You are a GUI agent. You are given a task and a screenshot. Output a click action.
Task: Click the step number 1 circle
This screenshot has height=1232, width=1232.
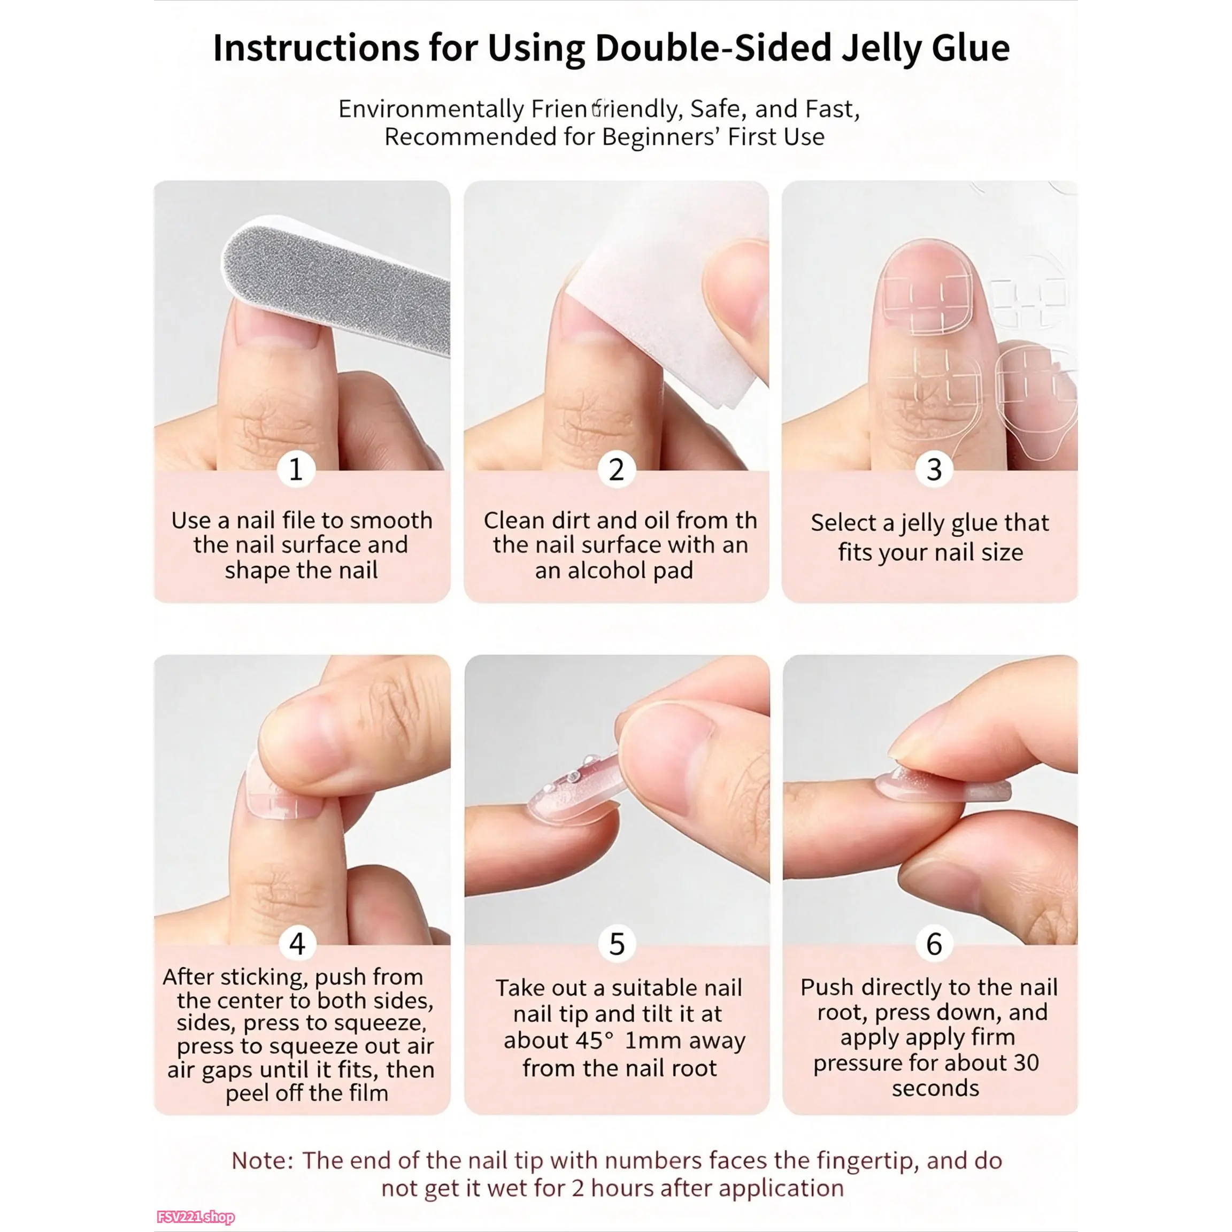[x=296, y=470]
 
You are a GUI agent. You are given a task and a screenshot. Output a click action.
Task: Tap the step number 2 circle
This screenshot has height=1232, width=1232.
[x=616, y=470]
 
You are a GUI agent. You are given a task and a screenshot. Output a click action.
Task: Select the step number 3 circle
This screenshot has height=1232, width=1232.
[x=934, y=470]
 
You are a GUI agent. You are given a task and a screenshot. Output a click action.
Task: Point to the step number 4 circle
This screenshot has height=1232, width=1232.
[x=297, y=944]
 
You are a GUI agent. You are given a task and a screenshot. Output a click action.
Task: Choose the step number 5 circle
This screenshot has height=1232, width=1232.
[x=617, y=944]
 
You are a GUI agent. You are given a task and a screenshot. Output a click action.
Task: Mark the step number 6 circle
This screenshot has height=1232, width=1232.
[x=934, y=944]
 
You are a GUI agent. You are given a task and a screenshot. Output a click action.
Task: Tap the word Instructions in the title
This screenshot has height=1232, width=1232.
[x=315, y=48]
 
